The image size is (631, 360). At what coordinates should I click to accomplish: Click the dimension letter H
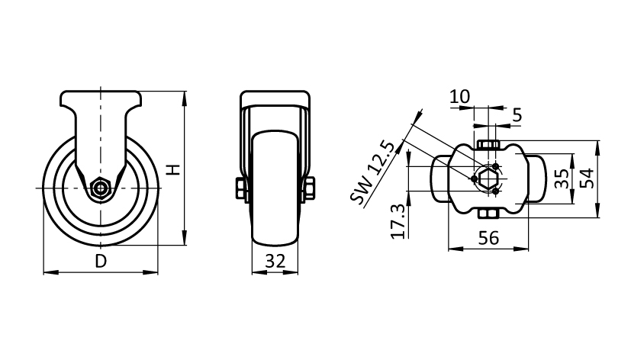pos(173,170)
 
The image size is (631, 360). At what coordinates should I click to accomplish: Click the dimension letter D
pos(101,261)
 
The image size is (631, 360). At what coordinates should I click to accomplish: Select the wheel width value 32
pos(275,261)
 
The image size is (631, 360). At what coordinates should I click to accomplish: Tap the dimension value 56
pos(488,238)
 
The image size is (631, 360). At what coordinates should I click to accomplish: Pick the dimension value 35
pos(562,178)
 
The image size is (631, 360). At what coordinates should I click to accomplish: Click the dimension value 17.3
pos(398,221)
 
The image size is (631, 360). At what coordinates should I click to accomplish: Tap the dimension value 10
pos(459,97)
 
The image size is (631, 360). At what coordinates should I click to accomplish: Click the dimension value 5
pos(517,115)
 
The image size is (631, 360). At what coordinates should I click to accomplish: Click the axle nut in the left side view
pos(100,188)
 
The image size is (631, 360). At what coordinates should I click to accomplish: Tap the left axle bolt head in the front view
pos(240,188)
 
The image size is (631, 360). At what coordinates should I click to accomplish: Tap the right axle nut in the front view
pos(310,188)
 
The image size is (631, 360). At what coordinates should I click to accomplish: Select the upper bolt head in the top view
pos(488,144)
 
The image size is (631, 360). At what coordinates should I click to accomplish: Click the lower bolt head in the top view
pos(488,214)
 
